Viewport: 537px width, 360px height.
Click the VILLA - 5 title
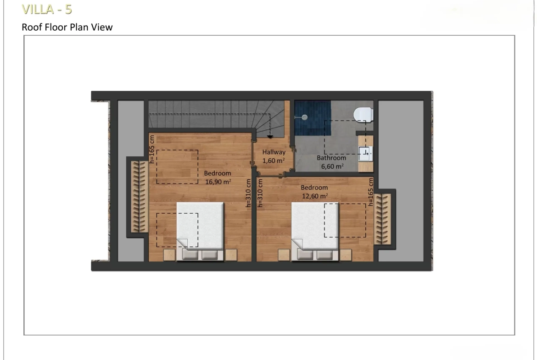47,9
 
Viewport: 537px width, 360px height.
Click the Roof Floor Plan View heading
67,28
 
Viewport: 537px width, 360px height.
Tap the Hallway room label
274,152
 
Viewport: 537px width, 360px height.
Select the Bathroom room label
331,158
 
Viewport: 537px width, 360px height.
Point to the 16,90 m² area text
218,182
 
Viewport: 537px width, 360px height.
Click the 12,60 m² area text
315,196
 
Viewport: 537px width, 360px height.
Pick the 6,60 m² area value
332,166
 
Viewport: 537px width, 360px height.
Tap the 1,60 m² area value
274,161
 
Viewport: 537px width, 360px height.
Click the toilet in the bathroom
364,115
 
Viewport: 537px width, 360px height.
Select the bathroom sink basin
365,154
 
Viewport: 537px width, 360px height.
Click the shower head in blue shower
304,117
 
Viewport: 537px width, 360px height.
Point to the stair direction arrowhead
270,137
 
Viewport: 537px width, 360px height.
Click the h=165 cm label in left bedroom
152,149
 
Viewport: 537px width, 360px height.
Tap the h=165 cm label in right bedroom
370,192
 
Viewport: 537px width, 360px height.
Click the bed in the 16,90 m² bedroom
200,232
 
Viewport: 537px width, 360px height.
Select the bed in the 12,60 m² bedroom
315,232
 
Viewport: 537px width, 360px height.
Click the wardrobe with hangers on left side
140,196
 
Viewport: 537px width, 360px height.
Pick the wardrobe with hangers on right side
382,219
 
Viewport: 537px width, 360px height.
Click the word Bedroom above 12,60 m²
314,188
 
